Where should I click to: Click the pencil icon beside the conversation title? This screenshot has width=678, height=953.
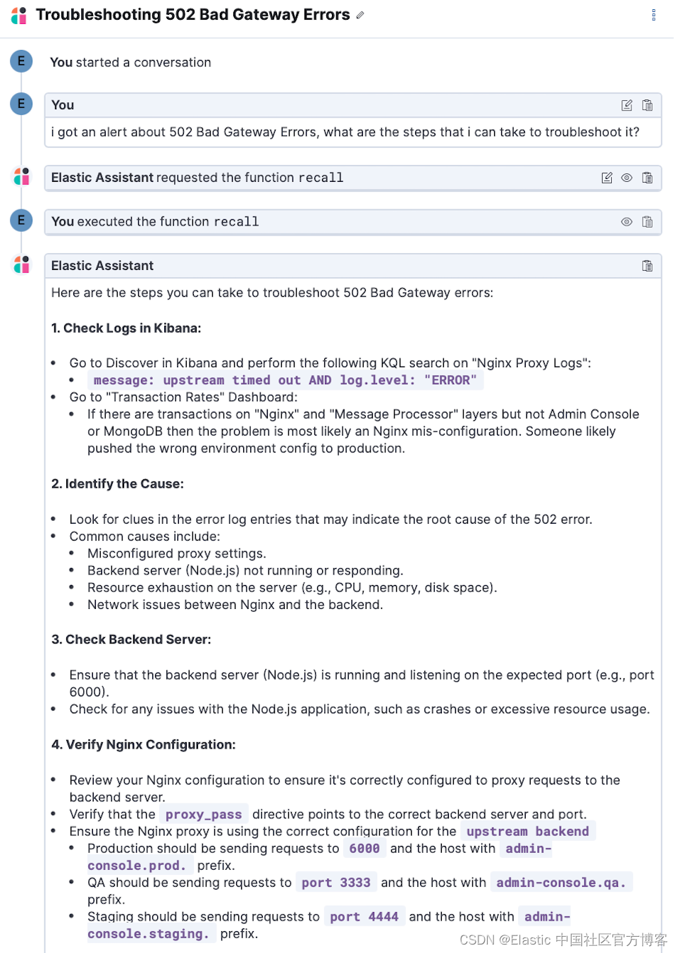[360, 15]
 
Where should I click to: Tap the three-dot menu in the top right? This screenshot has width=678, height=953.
[653, 15]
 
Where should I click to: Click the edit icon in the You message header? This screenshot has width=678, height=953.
[627, 105]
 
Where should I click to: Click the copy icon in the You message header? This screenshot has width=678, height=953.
[647, 105]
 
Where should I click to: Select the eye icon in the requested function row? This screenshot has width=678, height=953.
[627, 178]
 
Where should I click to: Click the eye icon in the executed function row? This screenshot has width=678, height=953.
[627, 221]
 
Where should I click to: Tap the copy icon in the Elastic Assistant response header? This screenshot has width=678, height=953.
[647, 266]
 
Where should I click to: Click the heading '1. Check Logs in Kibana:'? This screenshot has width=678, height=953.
[126, 328]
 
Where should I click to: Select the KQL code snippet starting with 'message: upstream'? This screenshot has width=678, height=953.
[285, 380]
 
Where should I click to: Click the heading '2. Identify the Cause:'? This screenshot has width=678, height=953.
[117, 484]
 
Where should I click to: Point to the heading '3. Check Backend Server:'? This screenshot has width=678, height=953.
[131, 639]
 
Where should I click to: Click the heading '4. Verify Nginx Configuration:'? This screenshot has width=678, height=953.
[143, 744]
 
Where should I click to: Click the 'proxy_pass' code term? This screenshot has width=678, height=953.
[204, 814]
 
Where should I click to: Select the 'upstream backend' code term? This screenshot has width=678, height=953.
[527, 831]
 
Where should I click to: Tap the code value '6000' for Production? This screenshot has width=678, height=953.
[364, 848]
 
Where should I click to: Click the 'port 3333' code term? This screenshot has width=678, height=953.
[335, 883]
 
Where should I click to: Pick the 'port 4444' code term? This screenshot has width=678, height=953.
[364, 916]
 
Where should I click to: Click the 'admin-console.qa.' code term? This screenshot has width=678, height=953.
[561, 883]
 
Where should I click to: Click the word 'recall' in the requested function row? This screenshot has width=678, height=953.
[321, 178]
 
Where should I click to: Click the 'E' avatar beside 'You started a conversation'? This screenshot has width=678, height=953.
[21, 61]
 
